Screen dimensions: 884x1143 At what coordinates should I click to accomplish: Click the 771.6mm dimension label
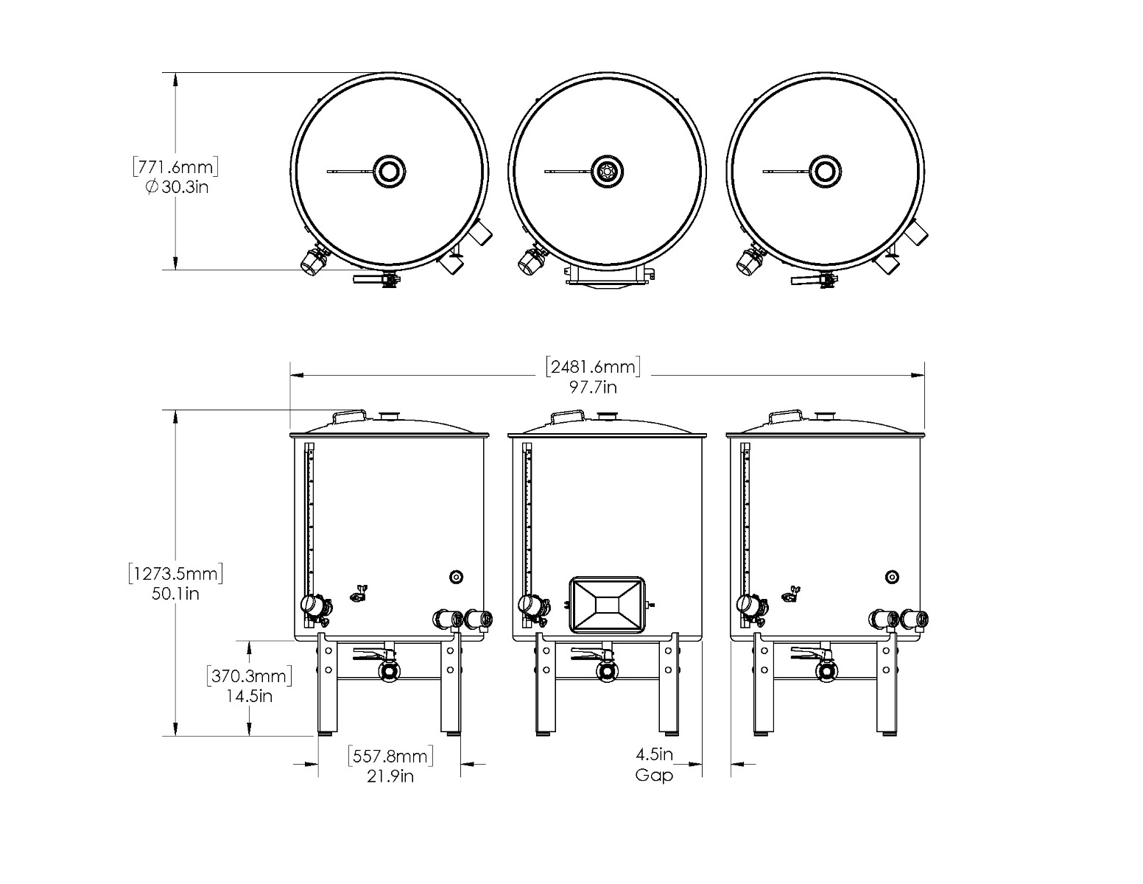pos(175,166)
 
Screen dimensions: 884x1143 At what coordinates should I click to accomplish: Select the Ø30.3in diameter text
pos(177,187)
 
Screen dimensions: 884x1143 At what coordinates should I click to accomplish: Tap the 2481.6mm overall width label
pos(593,366)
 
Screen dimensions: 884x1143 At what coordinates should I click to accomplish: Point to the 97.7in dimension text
pos(593,387)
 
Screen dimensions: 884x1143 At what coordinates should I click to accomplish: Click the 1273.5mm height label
pos(175,573)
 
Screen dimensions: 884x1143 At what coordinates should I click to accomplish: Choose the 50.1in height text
pos(175,594)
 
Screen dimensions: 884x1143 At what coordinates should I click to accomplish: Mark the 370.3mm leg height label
pos(249,676)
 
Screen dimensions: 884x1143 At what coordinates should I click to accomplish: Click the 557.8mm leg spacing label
pos(390,756)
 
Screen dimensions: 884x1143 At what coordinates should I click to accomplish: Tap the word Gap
pos(654,775)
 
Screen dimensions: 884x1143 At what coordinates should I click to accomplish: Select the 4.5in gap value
pos(654,755)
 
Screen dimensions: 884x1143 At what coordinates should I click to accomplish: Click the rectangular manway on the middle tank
pos(608,605)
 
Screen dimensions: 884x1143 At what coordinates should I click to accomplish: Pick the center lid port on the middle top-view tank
pos(608,172)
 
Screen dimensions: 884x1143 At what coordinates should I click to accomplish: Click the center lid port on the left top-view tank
pos(389,172)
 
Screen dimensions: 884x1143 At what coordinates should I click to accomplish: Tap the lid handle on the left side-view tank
pos(350,416)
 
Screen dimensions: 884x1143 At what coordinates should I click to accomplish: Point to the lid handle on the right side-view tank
pos(786,416)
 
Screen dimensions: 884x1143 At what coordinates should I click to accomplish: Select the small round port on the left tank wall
pos(456,577)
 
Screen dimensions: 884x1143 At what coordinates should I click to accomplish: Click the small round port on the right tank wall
pos(892,577)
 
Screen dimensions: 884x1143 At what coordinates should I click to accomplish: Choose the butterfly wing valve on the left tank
pos(360,593)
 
